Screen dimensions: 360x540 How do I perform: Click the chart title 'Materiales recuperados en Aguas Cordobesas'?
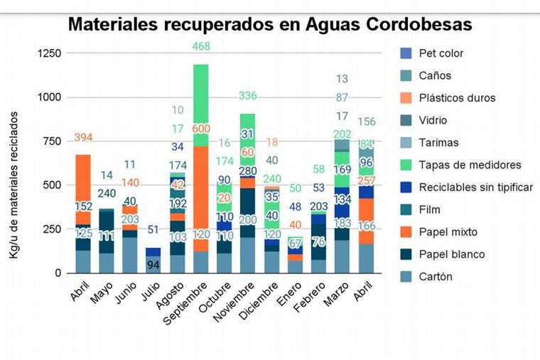(270, 25)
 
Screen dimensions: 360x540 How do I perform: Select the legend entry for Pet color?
(441, 53)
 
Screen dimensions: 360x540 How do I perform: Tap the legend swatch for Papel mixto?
(406, 232)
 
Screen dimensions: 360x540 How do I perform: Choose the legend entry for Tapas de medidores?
(470, 165)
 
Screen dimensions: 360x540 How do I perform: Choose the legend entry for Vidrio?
(433, 121)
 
